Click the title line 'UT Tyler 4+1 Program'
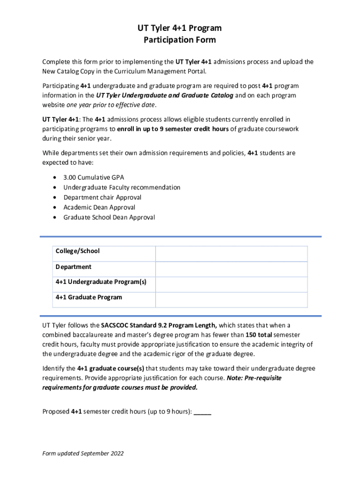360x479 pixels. (x=180, y=28)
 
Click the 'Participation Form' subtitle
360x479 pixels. (x=180, y=40)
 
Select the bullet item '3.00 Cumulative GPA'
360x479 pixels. (x=94, y=177)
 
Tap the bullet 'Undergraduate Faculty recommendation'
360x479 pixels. (x=122, y=187)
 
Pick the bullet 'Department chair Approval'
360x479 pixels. (x=102, y=197)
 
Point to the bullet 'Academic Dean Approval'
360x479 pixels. (x=99, y=207)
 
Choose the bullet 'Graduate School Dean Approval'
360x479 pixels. (x=109, y=217)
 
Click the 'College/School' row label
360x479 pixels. (x=78, y=251)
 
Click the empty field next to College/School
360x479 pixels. (x=231, y=254)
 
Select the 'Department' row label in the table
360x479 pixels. (x=73, y=267)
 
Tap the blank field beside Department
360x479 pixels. (x=231, y=269)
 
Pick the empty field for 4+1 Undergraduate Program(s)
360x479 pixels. (x=231, y=284)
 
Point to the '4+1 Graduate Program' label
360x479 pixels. (x=89, y=297)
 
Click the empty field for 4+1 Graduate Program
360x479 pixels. (x=231, y=299)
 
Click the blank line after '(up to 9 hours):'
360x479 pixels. (x=202, y=412)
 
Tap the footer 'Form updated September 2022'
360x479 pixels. (x=83, y=453)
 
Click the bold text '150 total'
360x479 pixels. (x=259, y=335)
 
